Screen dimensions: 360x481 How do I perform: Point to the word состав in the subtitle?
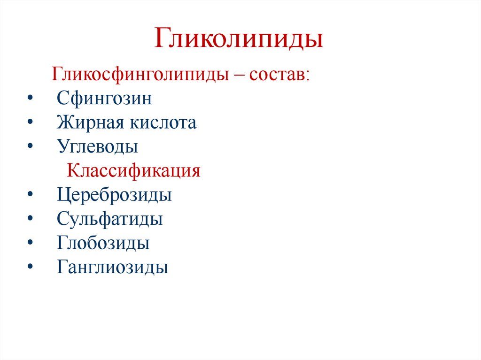tap(279, 75)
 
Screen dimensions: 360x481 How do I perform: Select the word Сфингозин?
tap(104, 99)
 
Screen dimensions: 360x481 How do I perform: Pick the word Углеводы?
tap(98, 147)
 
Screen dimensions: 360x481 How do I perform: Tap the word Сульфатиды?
tap(110, 219)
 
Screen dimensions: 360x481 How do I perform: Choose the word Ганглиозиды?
tap(113, 268)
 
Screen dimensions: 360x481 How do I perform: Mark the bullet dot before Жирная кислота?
tap(31, 123)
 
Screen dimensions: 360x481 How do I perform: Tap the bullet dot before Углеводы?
tap(31, 147)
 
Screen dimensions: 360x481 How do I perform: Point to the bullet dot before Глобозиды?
tap(31, 244)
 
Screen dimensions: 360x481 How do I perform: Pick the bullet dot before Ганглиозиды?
tap(31, 268)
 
